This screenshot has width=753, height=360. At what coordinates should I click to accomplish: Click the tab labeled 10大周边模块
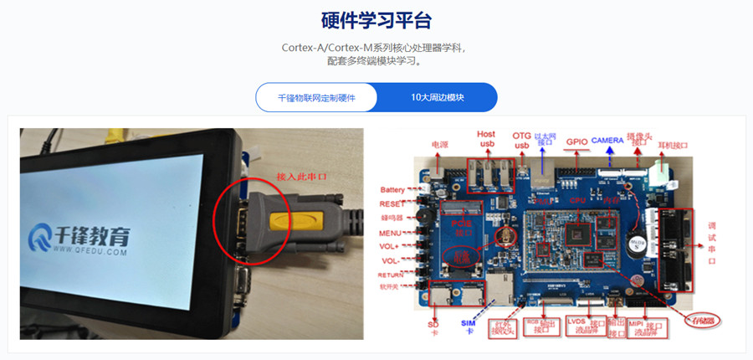[x=437, y=97]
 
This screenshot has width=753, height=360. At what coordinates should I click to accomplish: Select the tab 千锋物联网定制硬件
[x=316, y=97]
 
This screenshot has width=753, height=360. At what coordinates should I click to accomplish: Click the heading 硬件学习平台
[x=376, y=21]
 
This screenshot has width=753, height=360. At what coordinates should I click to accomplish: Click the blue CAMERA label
[x=610, y=140]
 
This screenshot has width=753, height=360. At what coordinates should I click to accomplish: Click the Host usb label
[x=486, y=139]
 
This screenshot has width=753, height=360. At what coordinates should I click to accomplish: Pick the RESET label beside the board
[x=392, y=203]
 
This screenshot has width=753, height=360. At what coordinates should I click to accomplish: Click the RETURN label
[x=392, y=274]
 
